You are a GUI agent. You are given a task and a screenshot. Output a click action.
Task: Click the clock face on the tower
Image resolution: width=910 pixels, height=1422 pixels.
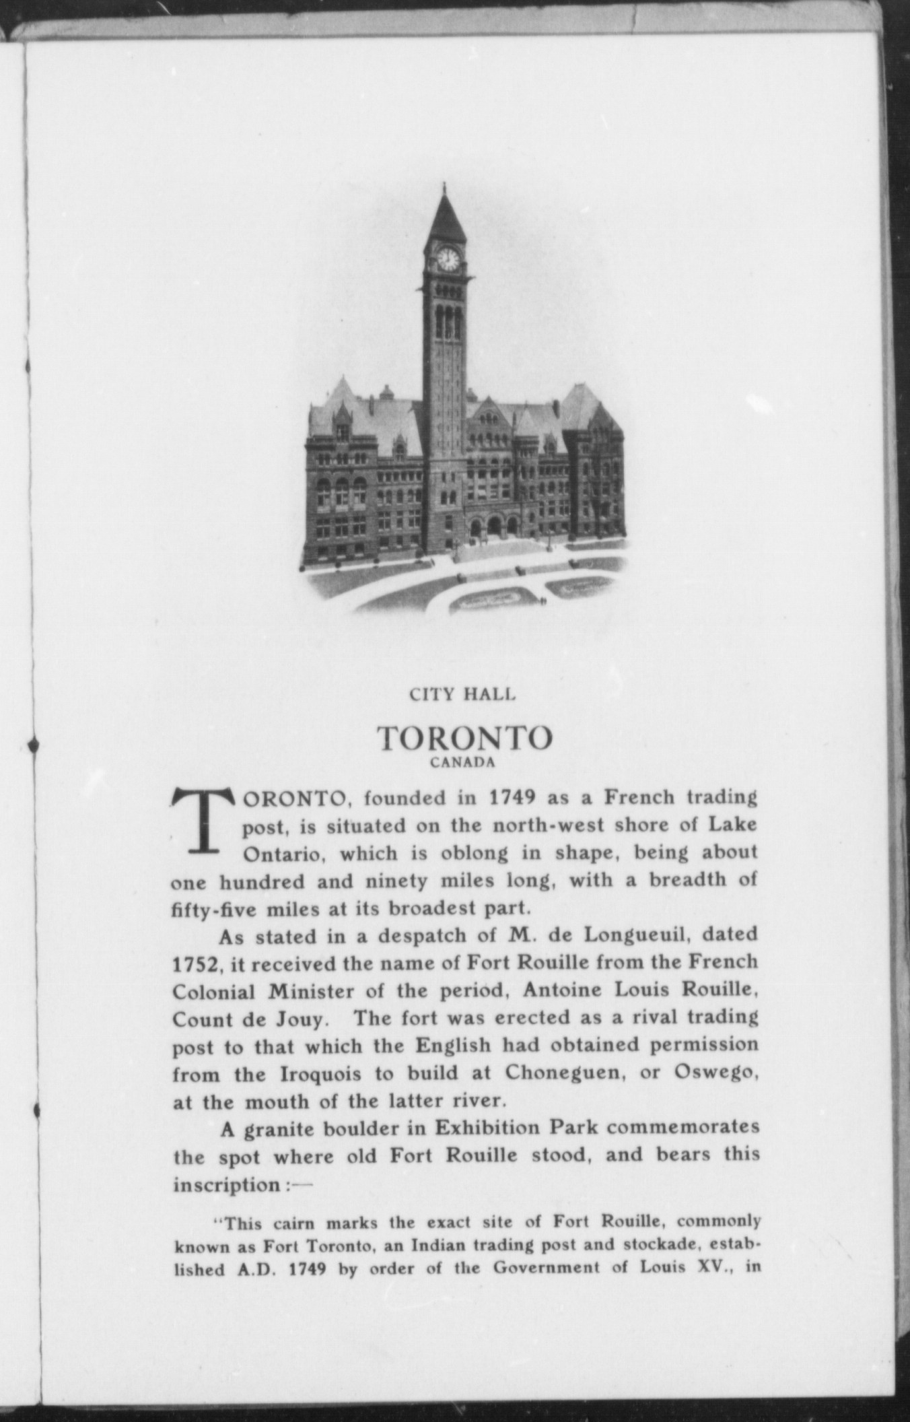pos(448,258)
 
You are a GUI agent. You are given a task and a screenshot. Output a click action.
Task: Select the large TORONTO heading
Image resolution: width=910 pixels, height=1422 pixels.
pos(464,738)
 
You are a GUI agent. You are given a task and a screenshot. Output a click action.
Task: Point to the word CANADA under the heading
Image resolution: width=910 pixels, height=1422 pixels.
pos(463,763)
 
